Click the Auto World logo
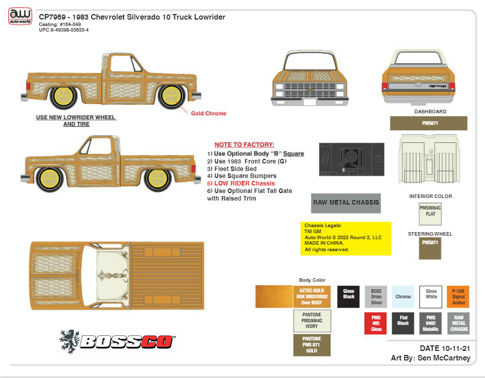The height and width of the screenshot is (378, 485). coord(20,17)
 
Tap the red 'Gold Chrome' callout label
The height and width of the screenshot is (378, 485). coord(208,113)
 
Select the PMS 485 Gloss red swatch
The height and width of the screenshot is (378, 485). coord(376,323)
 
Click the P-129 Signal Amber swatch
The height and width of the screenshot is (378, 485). coord(458,297)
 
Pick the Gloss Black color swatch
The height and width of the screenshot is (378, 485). coord(349,297)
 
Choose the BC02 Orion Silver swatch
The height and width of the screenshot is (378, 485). coord(376,297)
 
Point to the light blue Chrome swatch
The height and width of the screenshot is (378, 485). coord(403,297)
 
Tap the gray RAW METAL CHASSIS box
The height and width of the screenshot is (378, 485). coord(346,203)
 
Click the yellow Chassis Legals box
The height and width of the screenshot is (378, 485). coord(346,238)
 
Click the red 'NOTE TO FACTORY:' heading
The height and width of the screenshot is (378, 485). coord(245,144)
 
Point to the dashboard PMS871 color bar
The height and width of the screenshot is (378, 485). coord(428,123)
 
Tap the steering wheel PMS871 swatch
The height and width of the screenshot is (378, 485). coord(430,248)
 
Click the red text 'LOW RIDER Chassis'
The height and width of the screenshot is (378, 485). coord(238,183)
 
